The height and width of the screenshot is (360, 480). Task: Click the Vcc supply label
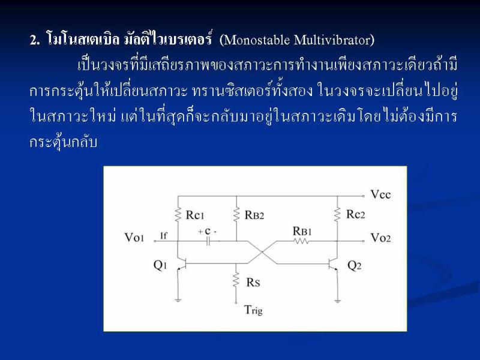380,194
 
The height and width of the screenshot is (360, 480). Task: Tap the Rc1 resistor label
194,215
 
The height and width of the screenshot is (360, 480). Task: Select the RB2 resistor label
254,215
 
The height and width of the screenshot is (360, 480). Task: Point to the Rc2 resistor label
355,214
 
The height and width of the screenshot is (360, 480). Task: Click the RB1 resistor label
302,231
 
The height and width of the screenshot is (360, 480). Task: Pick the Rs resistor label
253,282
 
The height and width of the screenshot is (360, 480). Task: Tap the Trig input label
253,310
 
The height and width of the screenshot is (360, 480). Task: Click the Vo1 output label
134,237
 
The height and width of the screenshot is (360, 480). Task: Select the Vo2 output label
380,238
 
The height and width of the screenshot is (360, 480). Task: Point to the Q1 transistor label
160,265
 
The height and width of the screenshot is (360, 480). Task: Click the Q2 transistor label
355,265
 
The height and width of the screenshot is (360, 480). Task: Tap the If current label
164,236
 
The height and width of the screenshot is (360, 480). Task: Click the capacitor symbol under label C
208,242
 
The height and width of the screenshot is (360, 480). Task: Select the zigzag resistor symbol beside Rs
236,280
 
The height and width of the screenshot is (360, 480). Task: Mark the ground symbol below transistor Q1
178,301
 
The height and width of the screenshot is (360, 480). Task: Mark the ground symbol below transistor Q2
337,301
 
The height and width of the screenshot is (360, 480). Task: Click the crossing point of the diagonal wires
262,252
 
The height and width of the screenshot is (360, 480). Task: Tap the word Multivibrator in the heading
332,40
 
